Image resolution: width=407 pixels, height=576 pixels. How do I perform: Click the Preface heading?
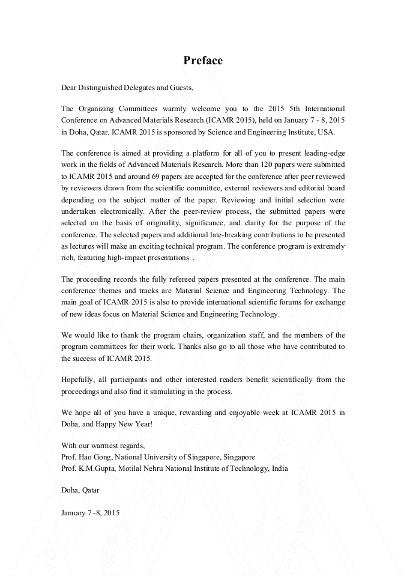point(203,61)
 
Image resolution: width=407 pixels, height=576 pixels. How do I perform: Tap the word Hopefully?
point(77,380)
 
